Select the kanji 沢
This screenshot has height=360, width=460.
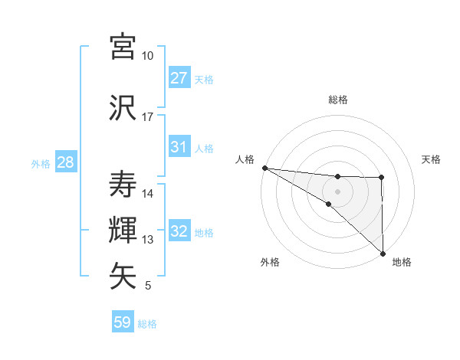coord(123,107)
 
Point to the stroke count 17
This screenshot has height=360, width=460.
coord(148,117)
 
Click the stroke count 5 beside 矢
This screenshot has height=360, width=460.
coord(148,286)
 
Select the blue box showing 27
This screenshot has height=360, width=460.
coord(179,78)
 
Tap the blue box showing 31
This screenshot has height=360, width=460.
coord(179,147)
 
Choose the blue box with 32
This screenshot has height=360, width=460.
coord(179,231)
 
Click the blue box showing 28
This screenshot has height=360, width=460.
coord(65,162)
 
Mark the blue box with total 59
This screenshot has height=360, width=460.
coord(123,322)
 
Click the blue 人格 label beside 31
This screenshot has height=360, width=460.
coord(204,148)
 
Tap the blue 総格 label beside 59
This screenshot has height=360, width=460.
coord(147,324)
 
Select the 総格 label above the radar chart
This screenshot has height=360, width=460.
coord(337,100)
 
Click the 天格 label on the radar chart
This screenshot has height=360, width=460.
coord(432,159)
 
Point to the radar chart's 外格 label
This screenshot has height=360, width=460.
coord(270,262)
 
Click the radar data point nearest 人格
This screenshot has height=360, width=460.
coord(264,168)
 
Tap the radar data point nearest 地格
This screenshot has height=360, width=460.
coord(382,253)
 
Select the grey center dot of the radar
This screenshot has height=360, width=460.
coord(337,191)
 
